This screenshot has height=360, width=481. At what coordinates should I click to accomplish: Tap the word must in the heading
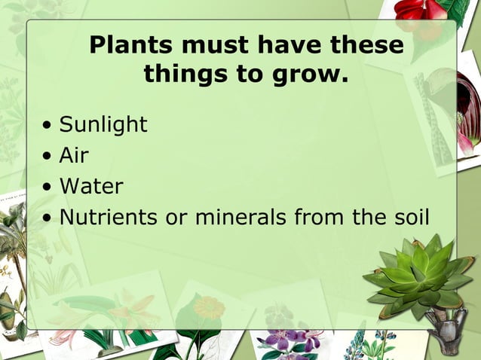pyautogui.click(x=216, y=45)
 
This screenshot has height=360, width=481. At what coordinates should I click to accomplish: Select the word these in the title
pyautogui.click(x=366, y=45)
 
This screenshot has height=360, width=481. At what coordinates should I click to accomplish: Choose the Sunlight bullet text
pyautogui.click(x=103, y=124)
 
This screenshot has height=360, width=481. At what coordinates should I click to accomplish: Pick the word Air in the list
pyautogui.click(x=74, y=155)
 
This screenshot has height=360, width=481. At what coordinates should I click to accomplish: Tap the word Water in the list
pyautogui.click(x=91, y=186)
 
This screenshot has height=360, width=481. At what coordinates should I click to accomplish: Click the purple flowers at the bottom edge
pyautogui.click(x=290, y=343)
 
